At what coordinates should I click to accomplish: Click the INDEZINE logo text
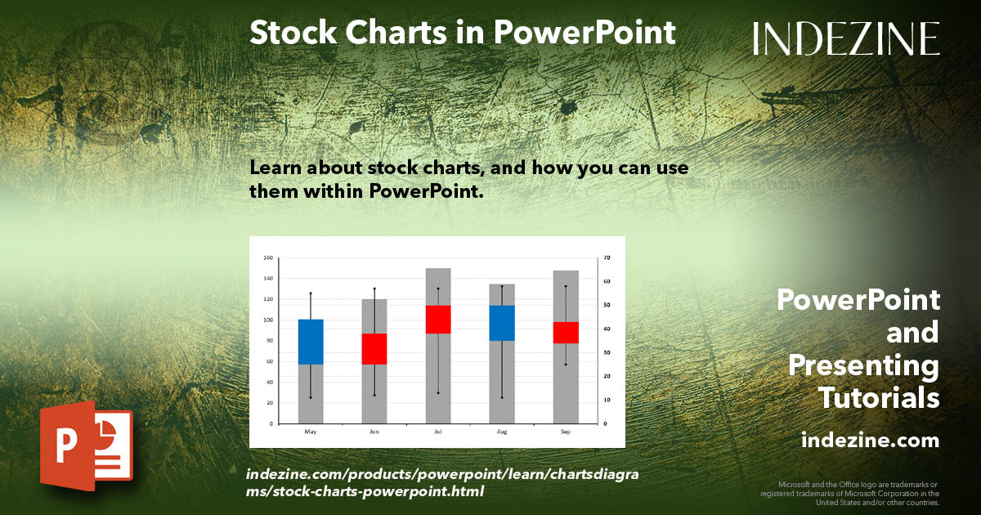(845, 38)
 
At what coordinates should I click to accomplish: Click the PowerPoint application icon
(86, 446)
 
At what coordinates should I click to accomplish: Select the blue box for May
(311, 342)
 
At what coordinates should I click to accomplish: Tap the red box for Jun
(374, 348)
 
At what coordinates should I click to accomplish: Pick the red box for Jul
(438, 319)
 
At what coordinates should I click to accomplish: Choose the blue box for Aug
(502, 323)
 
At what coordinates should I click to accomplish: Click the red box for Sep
(566, 332)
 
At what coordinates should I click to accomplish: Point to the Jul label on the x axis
(438, 431)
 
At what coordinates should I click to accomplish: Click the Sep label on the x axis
(566, 431)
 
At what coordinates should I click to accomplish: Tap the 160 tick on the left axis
(268, 257)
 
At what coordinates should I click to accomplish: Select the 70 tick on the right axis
(606, 257)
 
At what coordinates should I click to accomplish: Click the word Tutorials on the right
(879, 398)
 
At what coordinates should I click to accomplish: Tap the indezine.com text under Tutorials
(870, 441)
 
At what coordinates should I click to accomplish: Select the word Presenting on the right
(863, 365)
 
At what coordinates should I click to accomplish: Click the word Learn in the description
(275, 168)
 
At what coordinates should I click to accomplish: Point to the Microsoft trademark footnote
(850, 494)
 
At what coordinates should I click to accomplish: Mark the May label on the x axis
(311, 431)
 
